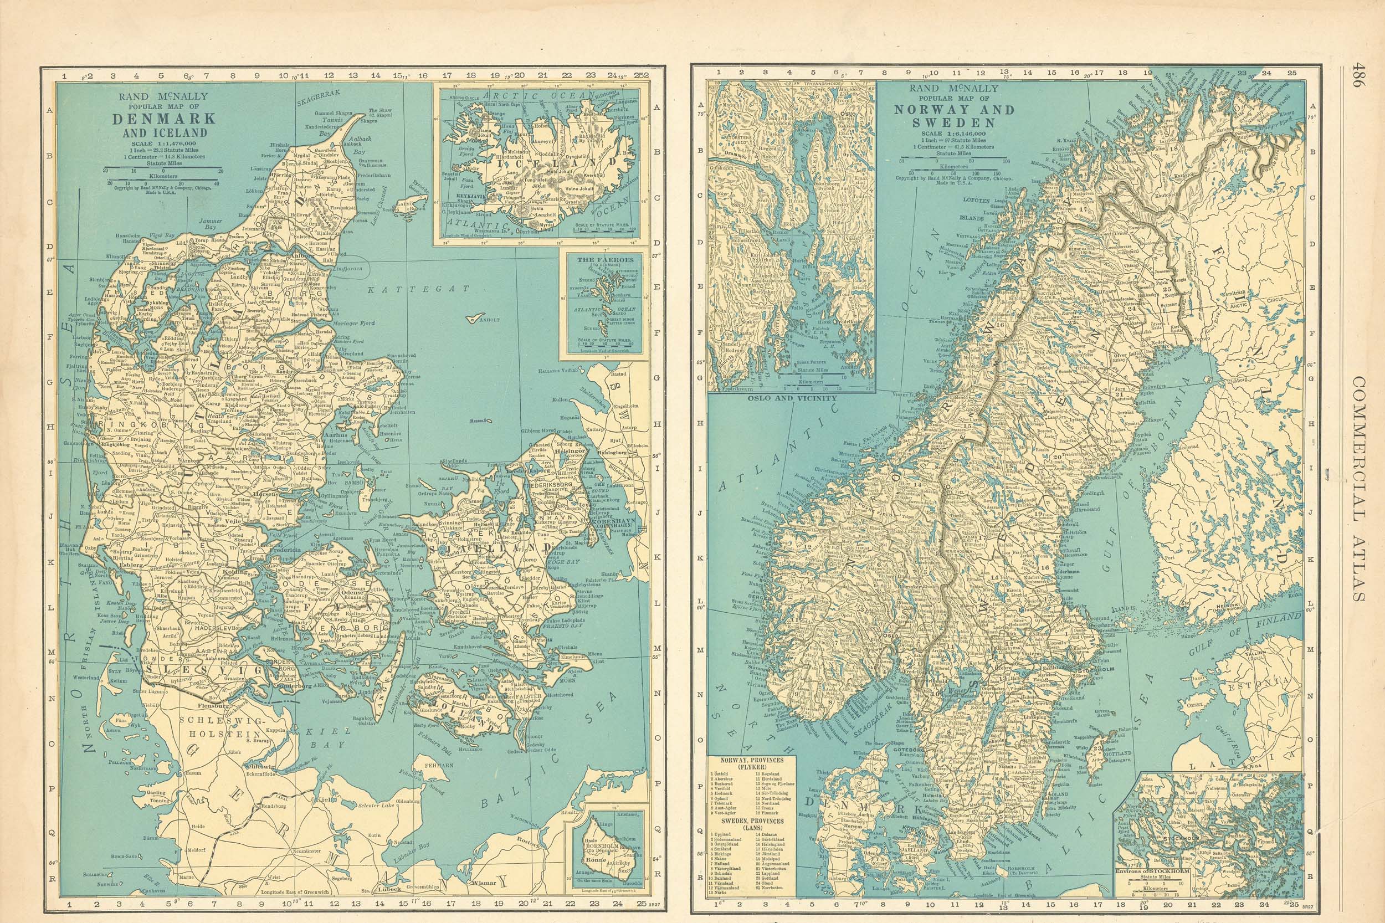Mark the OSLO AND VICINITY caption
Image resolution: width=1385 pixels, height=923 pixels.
point(791,398)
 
